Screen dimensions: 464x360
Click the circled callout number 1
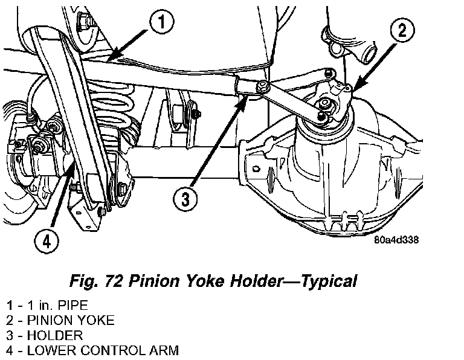coord(161,22)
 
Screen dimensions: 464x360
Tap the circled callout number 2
coord(402,30)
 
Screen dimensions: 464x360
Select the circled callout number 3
coord(185,199)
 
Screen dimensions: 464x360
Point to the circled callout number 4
coord(47,242)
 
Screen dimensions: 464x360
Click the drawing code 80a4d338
coord(396,240)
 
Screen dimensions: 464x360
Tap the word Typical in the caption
coord(329,281)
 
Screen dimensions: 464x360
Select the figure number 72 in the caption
coord(114,281)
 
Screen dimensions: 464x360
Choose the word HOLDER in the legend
coord(55,335)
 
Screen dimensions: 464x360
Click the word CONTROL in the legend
coord(113,350)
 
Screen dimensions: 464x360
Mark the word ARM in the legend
coord(164,350)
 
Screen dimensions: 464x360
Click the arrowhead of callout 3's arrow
coord(243,101)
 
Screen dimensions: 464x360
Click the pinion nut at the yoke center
coord(324,103)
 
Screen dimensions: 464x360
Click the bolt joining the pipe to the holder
coord(262,87)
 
